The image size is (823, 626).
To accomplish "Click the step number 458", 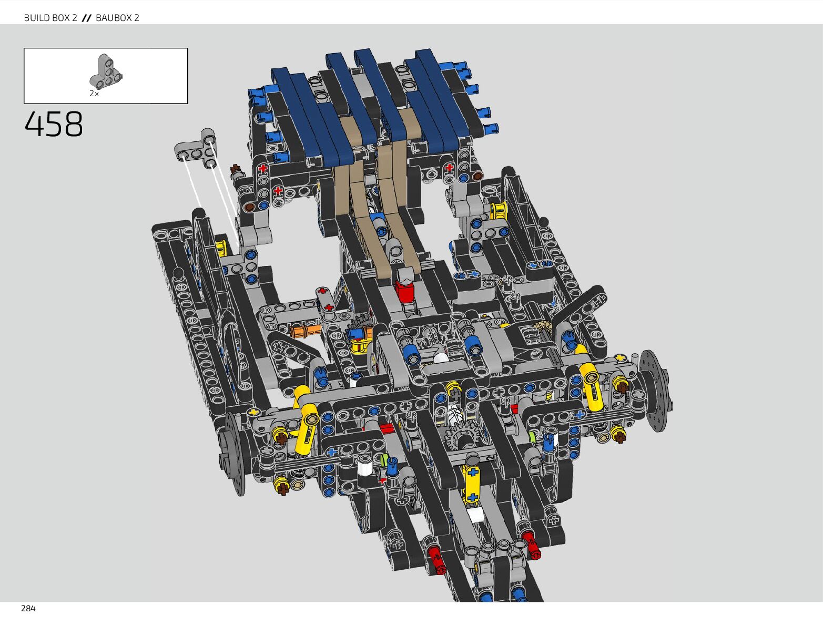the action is pos(54,124).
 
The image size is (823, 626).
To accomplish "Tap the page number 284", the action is pos(28,609).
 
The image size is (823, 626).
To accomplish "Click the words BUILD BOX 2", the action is pos(50,18).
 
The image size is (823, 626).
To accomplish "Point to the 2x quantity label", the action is pos(94,94).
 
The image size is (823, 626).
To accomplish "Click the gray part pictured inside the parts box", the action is pos(105,71).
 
